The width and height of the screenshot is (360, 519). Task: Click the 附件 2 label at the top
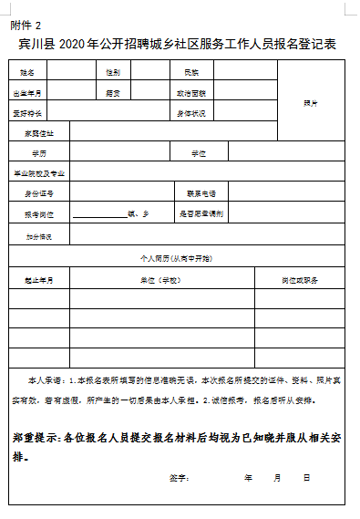click(26, 25)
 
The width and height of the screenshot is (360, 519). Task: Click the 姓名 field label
click(26, 71)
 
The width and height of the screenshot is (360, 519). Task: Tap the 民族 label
click(191, 71)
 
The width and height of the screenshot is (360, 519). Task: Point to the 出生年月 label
click(26, 93)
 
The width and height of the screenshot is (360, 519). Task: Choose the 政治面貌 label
click(191, 93)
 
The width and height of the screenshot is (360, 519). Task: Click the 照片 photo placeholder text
click(311, 103)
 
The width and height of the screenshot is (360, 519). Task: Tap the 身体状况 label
click(191, 114)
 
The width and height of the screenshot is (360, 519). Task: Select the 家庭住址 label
click(39, 133)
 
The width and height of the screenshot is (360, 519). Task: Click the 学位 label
click(199, 152)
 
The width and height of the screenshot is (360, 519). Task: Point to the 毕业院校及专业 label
click(39, 172)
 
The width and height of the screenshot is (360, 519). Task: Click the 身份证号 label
click(39, 193)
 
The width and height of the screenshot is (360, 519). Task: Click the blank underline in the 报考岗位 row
click(99, 215)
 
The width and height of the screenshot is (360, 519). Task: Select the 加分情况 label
click(39, 236)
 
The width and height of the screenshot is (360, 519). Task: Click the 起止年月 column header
click(39, 280)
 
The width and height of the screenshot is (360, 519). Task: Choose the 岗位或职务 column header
click(300, 280)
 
